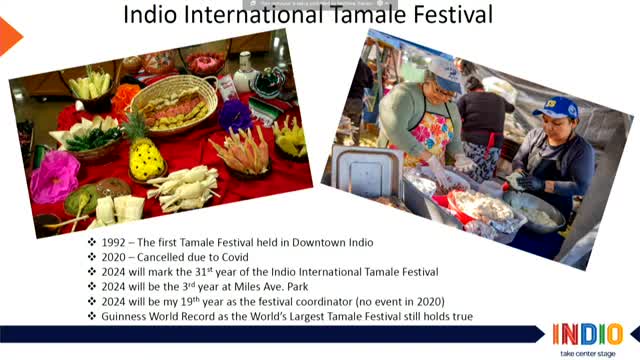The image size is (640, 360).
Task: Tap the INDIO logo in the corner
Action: [586, 334]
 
